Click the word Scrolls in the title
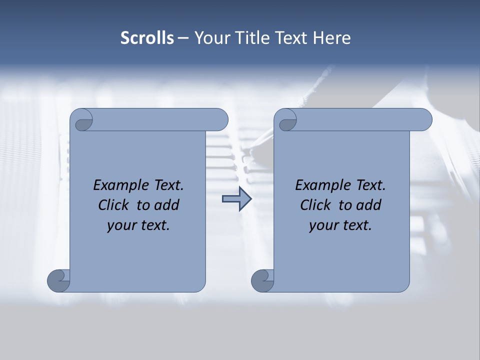pyautogui.click(x=147, y=38)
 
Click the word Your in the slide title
pyautogui.click(x=210, y=38)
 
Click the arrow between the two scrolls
pyautogui.click(x=237, y=199)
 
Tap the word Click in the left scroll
pyautogui.click(x=113, y=205)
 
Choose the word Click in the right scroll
pyautogui.click(x=315, y=205)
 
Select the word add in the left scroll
pyautogui.click(x=167, y=205)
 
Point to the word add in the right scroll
pyautogui.click(x=369, y=205)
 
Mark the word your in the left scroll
pyautogui.click(x=120, y=225)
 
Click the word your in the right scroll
pyautogui.click(x=322, y=225)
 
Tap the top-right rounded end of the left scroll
pyautogui.click(x=218, y=119)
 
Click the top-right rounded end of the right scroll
pyautogui.click(x=422, y=119)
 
